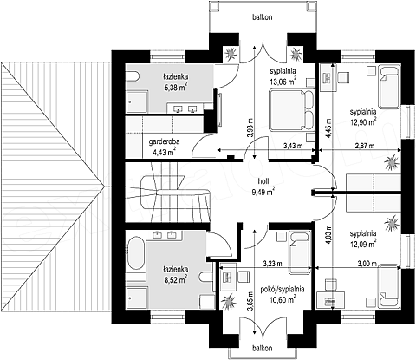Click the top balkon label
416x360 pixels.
(262, 17)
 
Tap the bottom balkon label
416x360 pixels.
(262, 348)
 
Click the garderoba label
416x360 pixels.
(164, 141)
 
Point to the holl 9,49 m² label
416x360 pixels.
(263, 187)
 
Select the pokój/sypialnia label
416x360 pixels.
(283, 289)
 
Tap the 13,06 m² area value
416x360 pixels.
(283, 82)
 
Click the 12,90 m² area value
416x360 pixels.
(363, 121)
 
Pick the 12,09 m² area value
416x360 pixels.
(363, 244)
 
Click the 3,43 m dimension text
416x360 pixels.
(293, 146)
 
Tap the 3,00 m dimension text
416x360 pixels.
(367, 264)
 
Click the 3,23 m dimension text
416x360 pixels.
(273, 264)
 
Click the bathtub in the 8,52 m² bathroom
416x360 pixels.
(136, 254)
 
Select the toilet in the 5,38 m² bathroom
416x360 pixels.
(133, 77)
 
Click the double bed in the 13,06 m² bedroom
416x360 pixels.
(292, 110)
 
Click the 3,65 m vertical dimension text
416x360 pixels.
(250, 302)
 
